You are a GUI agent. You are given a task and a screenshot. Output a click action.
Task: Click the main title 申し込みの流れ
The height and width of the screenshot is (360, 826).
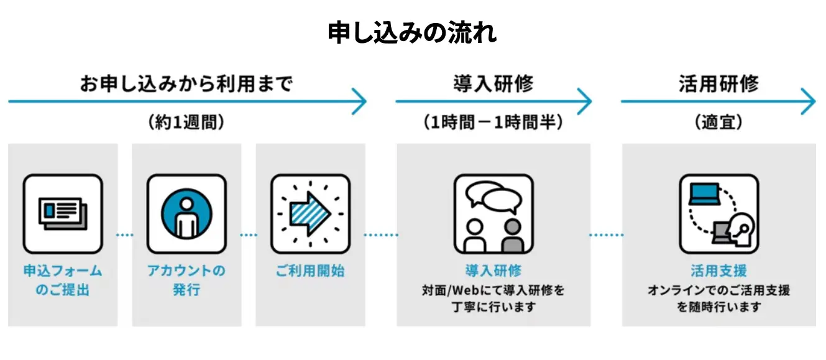coord(412,33)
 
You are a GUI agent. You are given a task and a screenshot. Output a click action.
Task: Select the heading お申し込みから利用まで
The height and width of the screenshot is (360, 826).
coord(186,83)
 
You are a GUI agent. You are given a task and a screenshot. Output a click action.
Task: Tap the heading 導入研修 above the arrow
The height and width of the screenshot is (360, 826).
coord(493,83)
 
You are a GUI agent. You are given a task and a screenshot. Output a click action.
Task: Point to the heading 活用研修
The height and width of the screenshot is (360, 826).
coord(718,83)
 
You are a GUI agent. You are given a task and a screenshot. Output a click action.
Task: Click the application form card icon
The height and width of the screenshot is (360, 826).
coord(63,213)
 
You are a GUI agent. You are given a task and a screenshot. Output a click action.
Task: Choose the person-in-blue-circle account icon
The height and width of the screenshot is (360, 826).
coord(186,213)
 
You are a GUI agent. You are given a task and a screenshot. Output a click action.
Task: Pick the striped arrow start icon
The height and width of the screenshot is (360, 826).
coord(310,213)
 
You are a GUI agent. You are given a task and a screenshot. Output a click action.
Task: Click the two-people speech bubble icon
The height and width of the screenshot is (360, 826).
coord(493,213)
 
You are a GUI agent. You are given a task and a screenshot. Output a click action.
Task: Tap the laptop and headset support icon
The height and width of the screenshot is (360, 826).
coord(718,213)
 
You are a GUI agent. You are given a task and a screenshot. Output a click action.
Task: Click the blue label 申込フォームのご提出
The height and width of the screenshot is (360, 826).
coord(63,280)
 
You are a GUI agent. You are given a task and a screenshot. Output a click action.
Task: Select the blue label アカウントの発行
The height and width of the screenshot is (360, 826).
coord(186,280)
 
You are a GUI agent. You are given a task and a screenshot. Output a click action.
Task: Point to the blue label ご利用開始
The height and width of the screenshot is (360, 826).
coord(310,271)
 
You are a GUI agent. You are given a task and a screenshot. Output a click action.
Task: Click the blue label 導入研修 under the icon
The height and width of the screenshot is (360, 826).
coord(493,271)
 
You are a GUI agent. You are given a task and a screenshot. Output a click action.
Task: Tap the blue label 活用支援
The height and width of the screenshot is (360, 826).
coord(718,271)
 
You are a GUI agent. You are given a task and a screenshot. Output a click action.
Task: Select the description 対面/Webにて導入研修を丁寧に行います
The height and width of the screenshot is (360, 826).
coord(493,298)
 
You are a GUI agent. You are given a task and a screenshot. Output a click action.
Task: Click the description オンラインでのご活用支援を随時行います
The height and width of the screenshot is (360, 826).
coord(718,298)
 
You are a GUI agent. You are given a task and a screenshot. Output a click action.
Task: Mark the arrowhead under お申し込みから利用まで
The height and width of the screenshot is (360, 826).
coord(360,101)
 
